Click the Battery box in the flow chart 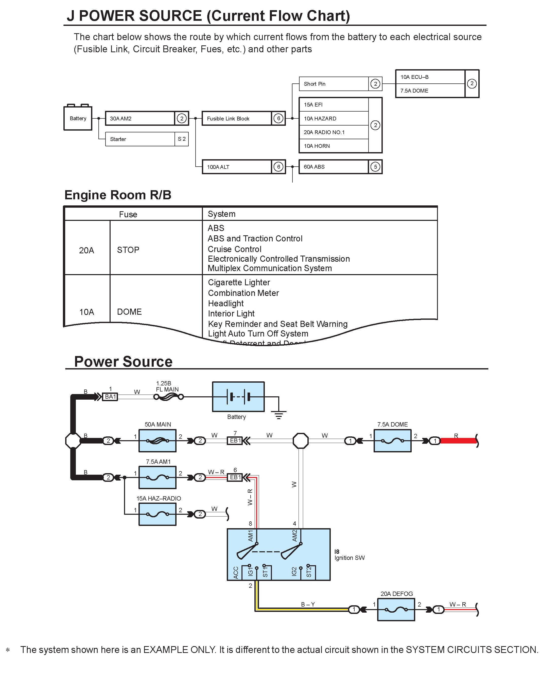(x=78, y=118)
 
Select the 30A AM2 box (x=140, y=118)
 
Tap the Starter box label (x=118, y=139)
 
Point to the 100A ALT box (x=237, y=167)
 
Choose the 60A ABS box (x=333, y=167)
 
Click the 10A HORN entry (x=334, y=146)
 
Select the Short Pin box (x=334, y=84)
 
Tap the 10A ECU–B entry (x=430, y=77)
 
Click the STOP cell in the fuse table (x=128, y=250)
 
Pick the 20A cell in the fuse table (x=87, y=250)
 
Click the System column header (x=222, y=214)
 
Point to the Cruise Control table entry (x=235, y=249)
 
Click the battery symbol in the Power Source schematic (x=238, y=397)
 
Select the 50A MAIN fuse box (x=158, y=441)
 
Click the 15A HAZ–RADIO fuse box (x=158, y=514)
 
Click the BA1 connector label (x=110, y=397)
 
